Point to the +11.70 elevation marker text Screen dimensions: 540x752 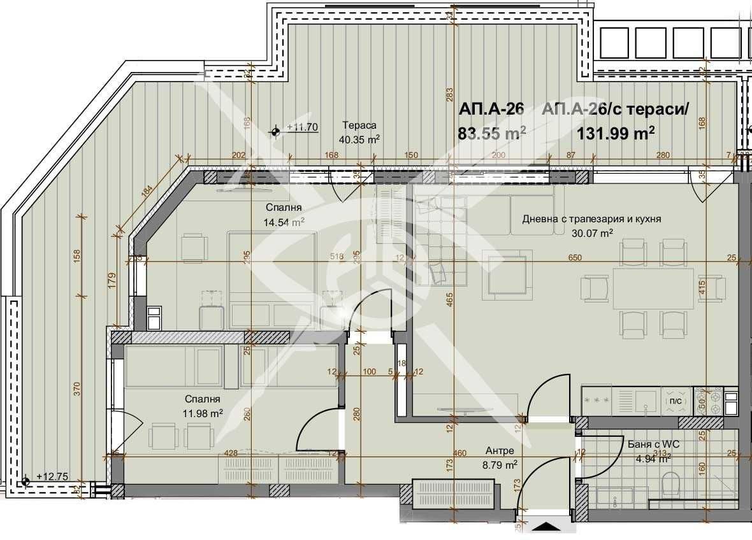tap(302, 127)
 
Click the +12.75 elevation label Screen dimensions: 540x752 tap(52, 476)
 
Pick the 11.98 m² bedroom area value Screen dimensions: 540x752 tap(203, 413)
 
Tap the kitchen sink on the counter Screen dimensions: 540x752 tap(648, 400)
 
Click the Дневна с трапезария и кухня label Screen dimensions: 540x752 tap(591, 218)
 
